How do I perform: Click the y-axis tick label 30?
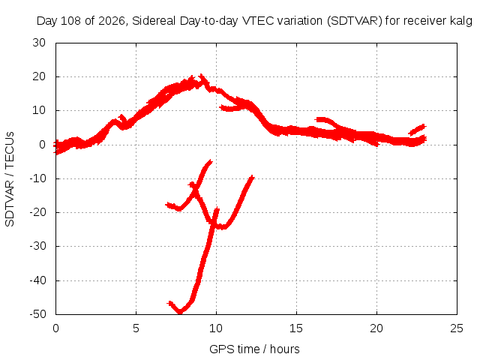click(39, 43)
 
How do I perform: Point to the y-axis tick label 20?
click(39, 76)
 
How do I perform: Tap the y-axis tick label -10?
click(37, 178)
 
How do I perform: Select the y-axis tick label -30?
click(37, 246)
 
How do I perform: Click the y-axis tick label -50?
click(37, 314)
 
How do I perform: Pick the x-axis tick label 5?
click(136, 328)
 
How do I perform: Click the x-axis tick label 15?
click(296, 328)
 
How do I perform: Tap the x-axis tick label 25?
click(457, 328)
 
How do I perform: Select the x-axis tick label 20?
click(376, 328)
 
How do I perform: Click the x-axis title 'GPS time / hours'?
click(254, 349)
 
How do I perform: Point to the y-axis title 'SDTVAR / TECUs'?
click(10, 179)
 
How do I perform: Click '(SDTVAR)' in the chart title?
click(355, 21)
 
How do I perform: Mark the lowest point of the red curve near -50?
click(180, 313)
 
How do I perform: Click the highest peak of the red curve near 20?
click(201, 76)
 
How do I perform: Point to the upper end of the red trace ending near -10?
click(252, 177)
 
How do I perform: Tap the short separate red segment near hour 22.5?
click(418, 130)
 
